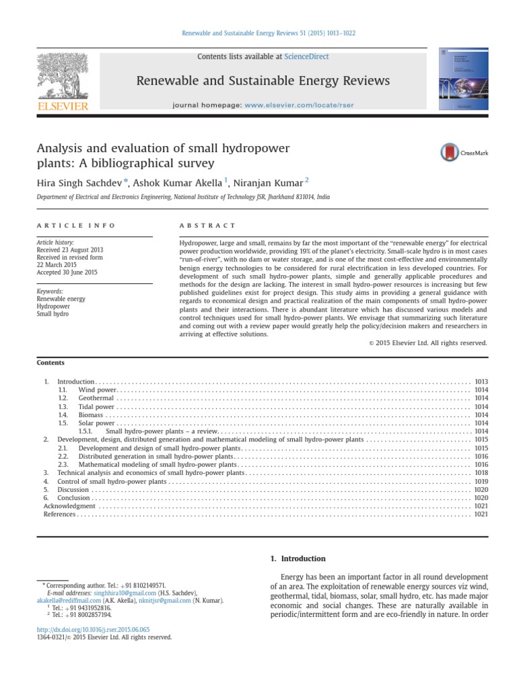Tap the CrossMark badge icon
click(x=448, y=152)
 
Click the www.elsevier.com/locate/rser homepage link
click(x=310, y=106)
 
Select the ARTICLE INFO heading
click(x=75, y=225)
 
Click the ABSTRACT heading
click(x=208, y=225)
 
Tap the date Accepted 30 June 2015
click(x=67, y=273)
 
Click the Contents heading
click(x=51, y=363)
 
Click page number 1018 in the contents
click(x=481, y=473)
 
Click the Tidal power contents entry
click(x=96, y=406)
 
